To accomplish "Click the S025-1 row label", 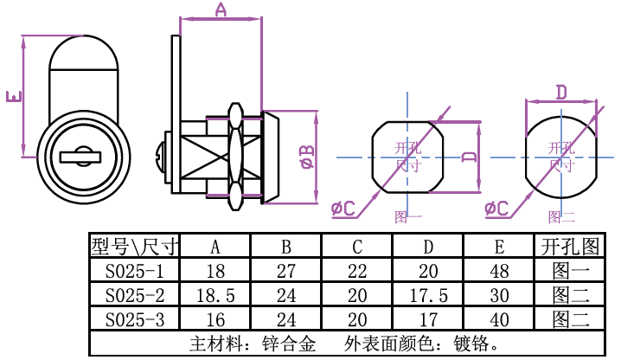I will point(133,271).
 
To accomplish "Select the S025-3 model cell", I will point(133,319).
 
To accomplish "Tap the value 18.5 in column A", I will point(214,295).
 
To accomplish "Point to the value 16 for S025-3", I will point(214,319).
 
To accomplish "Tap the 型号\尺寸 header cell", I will point(133,247).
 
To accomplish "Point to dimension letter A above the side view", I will point(220,10).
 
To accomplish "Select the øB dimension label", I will point(306,157).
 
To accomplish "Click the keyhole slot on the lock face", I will point(80,157).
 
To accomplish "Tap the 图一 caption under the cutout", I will point(407,217).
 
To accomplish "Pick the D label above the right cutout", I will point(560,92).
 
